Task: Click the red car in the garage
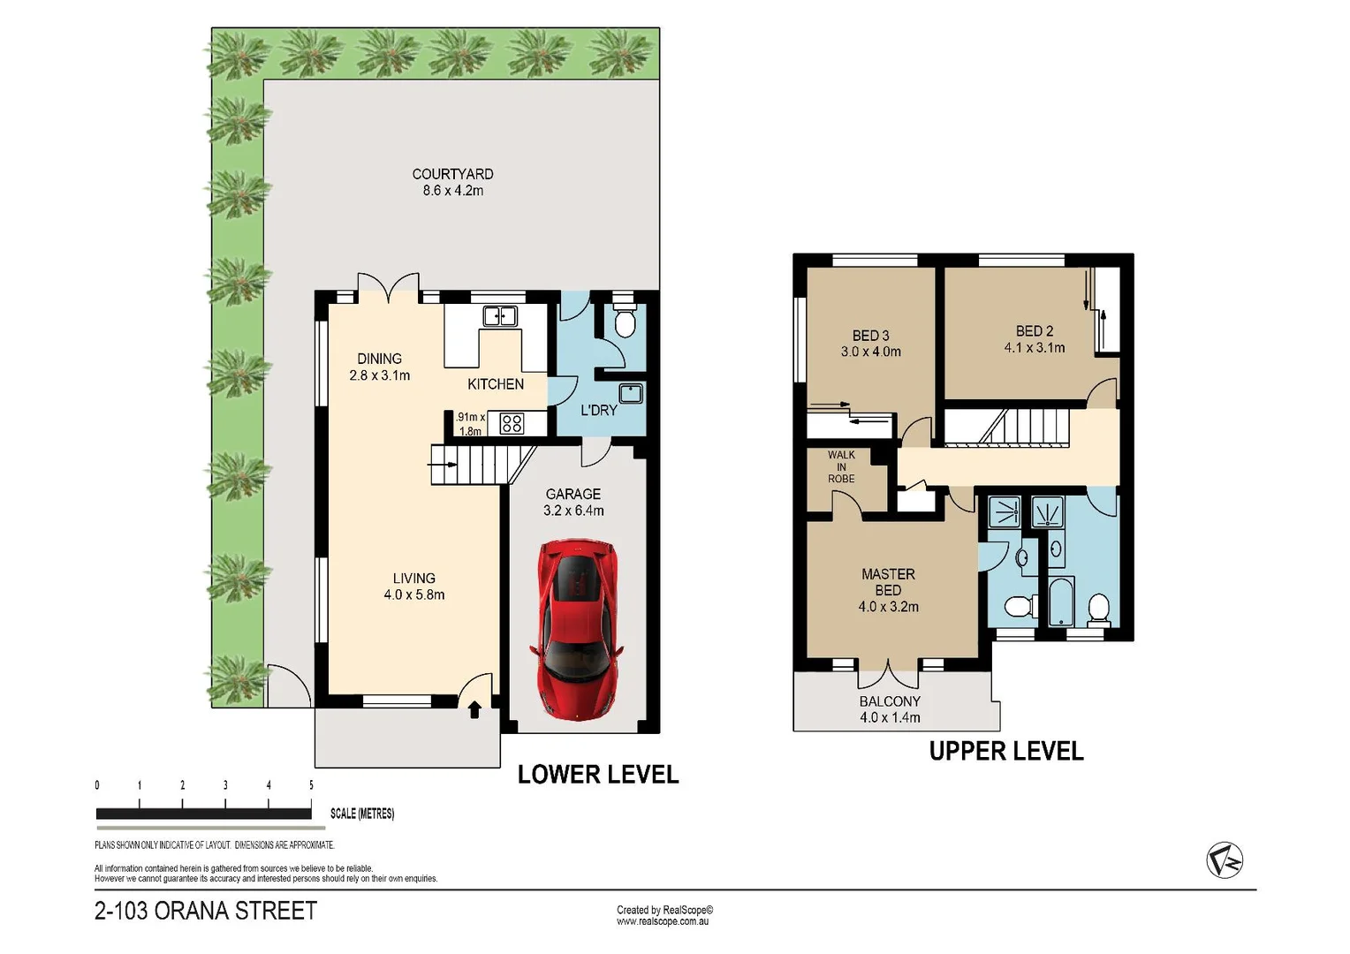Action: click(577, 629)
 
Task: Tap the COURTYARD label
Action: click(452, 174)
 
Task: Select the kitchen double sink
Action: click(499, 315)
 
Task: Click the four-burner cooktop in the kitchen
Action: click(512, 423)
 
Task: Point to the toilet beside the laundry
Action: click(625, 321)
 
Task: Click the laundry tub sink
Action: click(631, 394)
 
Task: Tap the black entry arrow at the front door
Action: click(474, 709)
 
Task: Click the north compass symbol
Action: click(1224, 860)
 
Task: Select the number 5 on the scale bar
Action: click(311, 784)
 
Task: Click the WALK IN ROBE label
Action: click(841, 466)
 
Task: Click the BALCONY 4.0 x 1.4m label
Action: click(890, 709)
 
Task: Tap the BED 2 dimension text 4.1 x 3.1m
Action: click(1035, 348)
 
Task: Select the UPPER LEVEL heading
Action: click(1005, 751)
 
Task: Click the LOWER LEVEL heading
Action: click(598, 775)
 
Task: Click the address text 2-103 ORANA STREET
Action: click(206, 911)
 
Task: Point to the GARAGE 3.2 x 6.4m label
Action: click(573, 502)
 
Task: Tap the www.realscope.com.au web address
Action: click(663, 921)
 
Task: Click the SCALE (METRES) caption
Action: click(362, 814)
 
